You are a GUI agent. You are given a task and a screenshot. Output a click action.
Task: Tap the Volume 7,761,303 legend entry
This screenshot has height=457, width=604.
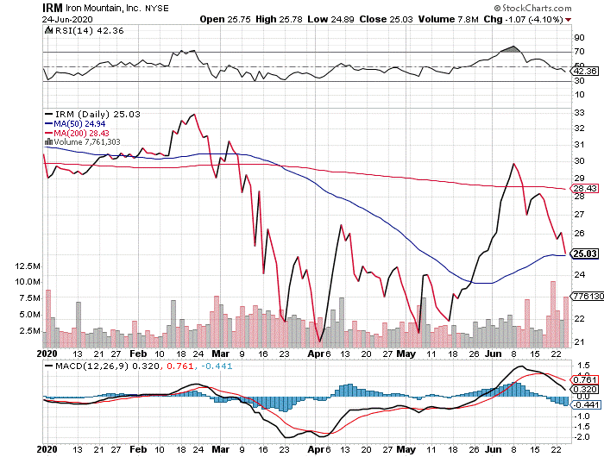coord(87,142)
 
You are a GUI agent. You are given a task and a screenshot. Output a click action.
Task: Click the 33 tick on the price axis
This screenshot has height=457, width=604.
coord(578,112)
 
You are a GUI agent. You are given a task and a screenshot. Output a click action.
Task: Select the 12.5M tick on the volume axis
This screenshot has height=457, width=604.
coord(24,266)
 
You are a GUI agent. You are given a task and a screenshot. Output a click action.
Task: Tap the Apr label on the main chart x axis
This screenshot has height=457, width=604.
coord(319,354)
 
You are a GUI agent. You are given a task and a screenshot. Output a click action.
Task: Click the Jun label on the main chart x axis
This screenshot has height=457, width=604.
coord(491,354)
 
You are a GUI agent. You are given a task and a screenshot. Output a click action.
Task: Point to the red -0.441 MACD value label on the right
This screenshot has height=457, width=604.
coord(586,405)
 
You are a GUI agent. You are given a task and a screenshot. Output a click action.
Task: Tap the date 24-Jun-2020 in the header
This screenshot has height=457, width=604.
coord(28,18)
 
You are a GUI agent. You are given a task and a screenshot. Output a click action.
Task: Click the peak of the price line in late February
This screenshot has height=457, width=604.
coord(192,114)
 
